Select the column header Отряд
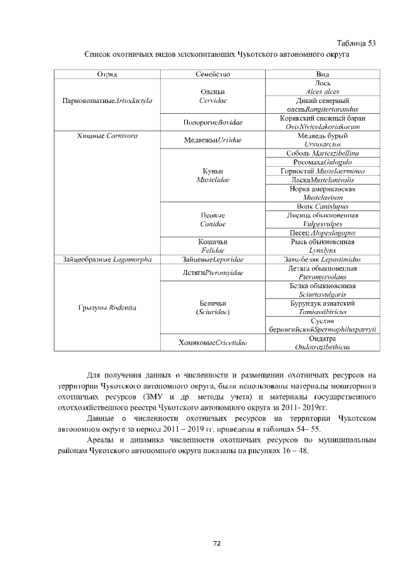point(107,75)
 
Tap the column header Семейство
point(213,75)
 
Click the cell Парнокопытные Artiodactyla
point(108,100)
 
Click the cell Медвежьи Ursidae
point(213,140)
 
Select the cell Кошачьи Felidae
point(213,246)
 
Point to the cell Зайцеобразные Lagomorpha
point(108,259)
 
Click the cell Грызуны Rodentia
point(108,308)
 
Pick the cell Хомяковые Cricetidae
point(213,343)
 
